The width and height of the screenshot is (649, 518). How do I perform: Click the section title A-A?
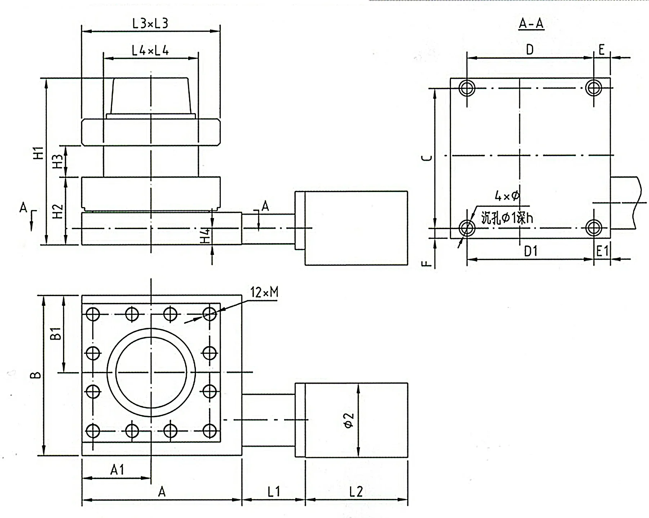click(x=531, y=24)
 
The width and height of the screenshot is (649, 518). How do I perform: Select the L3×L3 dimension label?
click(x=150, y=24)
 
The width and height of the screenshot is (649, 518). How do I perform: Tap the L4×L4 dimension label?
click(x=150, y=51)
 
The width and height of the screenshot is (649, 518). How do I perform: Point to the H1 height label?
click(x=39, y=153)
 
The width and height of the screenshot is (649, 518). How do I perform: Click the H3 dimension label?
click(x=58, y=161)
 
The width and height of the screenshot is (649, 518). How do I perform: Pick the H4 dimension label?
click(x=206, y=235)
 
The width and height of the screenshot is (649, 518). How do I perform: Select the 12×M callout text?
click(x=264, y=292)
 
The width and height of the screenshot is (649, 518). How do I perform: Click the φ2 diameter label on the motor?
click(x=349, y=420)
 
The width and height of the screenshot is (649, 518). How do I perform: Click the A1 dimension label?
click(x=117, y=470)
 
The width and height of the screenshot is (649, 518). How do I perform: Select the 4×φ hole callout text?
click(x=507, y=196)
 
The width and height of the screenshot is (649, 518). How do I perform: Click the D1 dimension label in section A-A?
click(x=531, y=251)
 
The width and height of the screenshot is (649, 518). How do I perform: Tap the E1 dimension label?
click(x=602, y=251)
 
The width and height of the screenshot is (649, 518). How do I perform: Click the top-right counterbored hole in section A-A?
click(x=593, y=88)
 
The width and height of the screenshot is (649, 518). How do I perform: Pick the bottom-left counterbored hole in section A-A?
click(x=467, y=228)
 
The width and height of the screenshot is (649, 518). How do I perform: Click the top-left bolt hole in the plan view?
click(x=93, y=314)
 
